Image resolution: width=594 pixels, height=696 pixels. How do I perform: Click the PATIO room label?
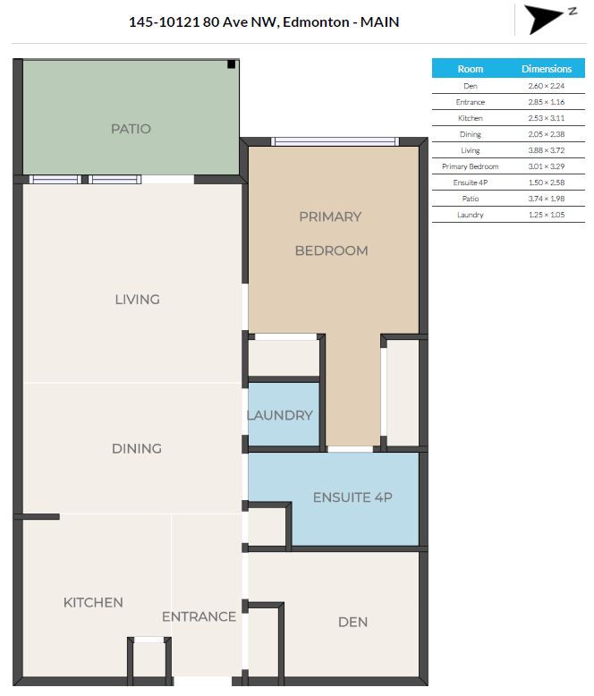click(131, 129)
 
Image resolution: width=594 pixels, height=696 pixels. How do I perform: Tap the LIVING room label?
click(137, 299)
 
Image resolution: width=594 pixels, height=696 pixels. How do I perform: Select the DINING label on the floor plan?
click(137, 448)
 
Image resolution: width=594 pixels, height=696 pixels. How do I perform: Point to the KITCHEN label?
click(93, 602)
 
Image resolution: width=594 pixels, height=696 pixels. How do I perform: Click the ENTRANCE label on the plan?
click(199, 616)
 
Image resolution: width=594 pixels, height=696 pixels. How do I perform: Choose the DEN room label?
click(353, 622)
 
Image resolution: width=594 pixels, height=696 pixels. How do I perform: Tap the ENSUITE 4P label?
click(353, 497)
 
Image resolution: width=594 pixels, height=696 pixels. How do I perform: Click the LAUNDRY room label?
click(280, 415)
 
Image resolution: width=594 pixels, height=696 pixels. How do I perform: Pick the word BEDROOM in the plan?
click(332, 250)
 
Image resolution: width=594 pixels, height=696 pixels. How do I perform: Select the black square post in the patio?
click(232, 64)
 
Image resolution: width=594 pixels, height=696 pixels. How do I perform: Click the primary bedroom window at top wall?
click(335, 141)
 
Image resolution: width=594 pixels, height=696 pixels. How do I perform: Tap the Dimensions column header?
click(547, 69)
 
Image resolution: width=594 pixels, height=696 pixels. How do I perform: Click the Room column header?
click(471, 69)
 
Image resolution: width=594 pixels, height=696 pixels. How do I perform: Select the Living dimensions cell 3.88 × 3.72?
click(547, 150)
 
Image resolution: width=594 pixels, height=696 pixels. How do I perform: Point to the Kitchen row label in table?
click(471, 118)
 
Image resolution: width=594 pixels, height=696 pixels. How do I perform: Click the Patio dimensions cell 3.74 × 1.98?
click(547, 199)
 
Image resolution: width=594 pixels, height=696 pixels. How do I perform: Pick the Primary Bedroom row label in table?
click(471, 166)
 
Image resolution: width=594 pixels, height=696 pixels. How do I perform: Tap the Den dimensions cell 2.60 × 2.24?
click(547, 86)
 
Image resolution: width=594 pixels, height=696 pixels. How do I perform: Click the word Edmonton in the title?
click(316, 21)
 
